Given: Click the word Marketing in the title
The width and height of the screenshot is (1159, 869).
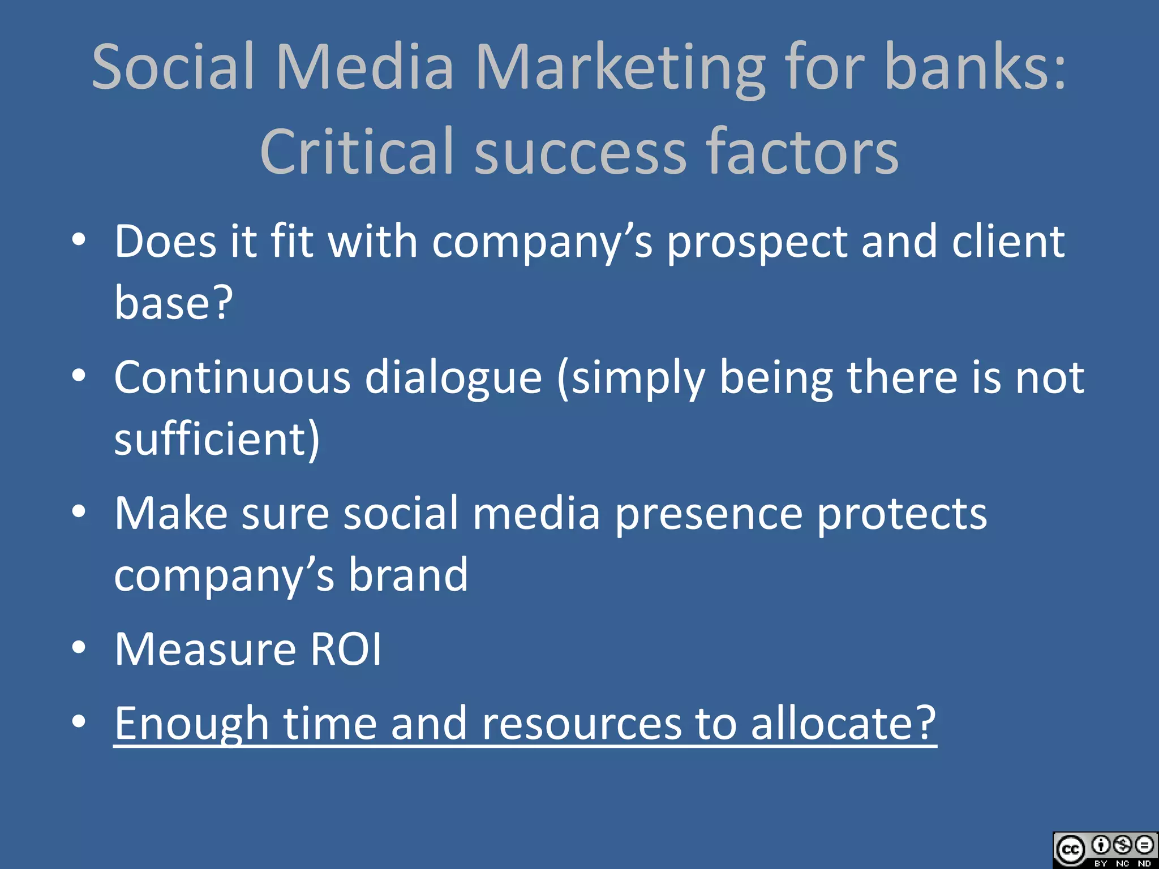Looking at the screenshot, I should coord(620,68).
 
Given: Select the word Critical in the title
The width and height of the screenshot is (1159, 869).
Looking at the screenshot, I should coord(357,152).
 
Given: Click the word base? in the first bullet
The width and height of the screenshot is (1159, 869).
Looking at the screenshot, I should coord(173,302).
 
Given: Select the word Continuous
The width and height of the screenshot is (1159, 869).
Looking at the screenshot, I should coord(232,378).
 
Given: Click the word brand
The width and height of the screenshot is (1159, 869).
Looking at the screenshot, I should coord(408,575).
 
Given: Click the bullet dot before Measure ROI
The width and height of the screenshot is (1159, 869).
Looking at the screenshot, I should coord(79,647).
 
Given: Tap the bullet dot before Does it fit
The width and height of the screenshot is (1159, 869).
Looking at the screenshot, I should coord(79,240).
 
